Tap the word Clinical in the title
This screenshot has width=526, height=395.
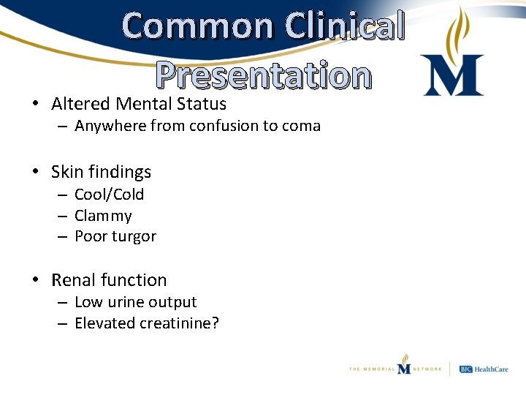coord(346,26)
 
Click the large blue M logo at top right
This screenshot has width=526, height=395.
coord(452,75)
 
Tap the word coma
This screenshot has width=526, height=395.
coord(300,126)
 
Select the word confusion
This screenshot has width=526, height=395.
coord(224,126)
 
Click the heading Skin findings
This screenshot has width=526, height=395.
coord(101,172)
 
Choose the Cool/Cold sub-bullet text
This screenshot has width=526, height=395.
coord(110,195)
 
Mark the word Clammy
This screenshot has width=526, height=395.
coord(103,216)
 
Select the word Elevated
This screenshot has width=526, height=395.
coord(103,323)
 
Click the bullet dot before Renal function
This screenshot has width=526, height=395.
coord(35,280)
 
